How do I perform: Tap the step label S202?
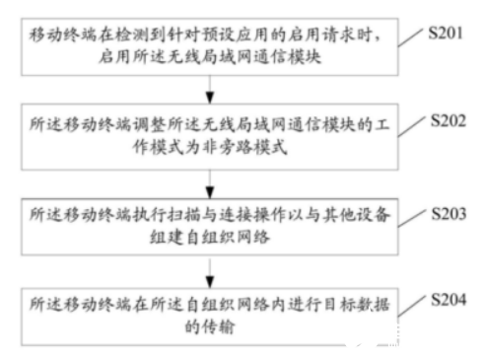pyautogui.click(x=452, y=121)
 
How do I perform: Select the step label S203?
pyautogui.click(x=452, y=211)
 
